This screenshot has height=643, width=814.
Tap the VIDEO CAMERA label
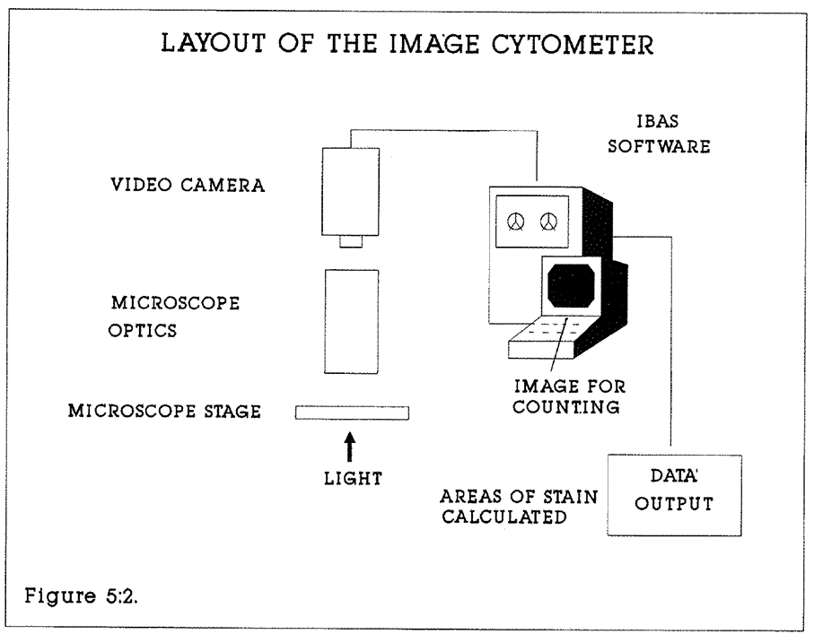pyautogui.click(x=188, y=186)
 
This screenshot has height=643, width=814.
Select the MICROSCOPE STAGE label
pyautogui.click(x=164, y=412)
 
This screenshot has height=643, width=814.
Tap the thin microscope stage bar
pyautogui.click(x=352, y=413)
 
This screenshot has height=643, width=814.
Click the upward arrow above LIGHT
pyautogui.click(x=350, y=444)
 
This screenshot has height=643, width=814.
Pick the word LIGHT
pyautogui.click(x=353, y=478)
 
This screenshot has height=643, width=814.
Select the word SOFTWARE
pyautogui.click(x=660, y=146)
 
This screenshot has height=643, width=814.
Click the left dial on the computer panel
pyautogui.click(x=515, y=221)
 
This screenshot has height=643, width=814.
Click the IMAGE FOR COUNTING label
pyautogui.click(x=569, y=397)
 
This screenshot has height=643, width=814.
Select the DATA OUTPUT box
pyautogui.click(x=675, y=495)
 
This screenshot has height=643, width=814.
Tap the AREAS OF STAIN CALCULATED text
pyautogui.click(x=518, y=507)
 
